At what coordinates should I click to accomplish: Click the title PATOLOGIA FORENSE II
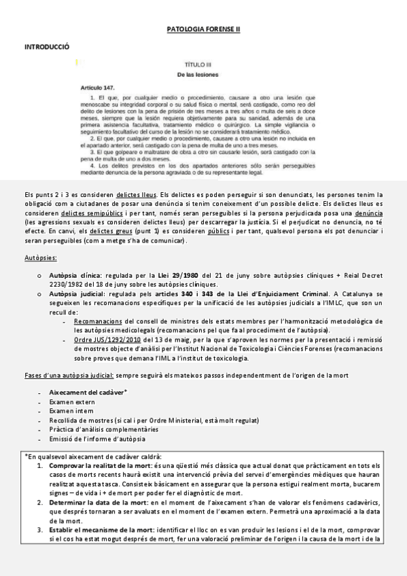(203, 30)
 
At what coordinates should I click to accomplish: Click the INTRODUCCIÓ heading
(47, 48)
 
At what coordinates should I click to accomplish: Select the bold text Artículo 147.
(98, 88)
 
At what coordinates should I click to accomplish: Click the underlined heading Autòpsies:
(40, 258)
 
